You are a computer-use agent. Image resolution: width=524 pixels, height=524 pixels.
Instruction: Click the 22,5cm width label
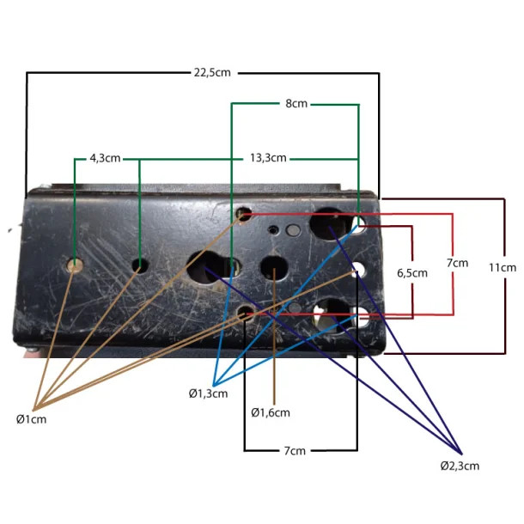[212, 73]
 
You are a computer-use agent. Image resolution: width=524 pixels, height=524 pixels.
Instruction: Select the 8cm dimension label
[296, 104]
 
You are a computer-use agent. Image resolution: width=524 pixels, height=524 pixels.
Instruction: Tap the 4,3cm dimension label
[105, 159]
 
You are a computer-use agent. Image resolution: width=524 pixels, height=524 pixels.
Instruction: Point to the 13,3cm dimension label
[268, 159]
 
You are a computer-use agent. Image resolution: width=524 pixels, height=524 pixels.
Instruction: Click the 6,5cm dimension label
[412, 272]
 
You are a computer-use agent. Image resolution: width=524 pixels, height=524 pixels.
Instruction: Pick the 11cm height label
[503, 267]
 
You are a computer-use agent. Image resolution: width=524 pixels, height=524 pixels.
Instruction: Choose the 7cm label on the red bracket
[457, 262]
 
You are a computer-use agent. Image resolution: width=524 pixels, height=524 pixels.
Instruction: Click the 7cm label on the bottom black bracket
[294, 450]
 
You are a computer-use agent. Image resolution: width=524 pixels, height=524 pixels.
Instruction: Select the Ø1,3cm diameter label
[208, 393]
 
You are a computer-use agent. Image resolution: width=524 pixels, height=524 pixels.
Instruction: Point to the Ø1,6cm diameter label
[271, 413]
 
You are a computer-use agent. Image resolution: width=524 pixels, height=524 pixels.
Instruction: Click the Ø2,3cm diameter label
[460, 466]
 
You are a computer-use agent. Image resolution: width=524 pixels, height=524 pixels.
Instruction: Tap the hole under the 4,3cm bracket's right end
[139, 265]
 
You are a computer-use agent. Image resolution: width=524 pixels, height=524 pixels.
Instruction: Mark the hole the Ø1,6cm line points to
[274, 270]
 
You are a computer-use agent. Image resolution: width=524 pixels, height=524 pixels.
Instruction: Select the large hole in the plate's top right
[328, 222]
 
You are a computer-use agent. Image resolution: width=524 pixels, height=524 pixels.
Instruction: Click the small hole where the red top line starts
[245, 211]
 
